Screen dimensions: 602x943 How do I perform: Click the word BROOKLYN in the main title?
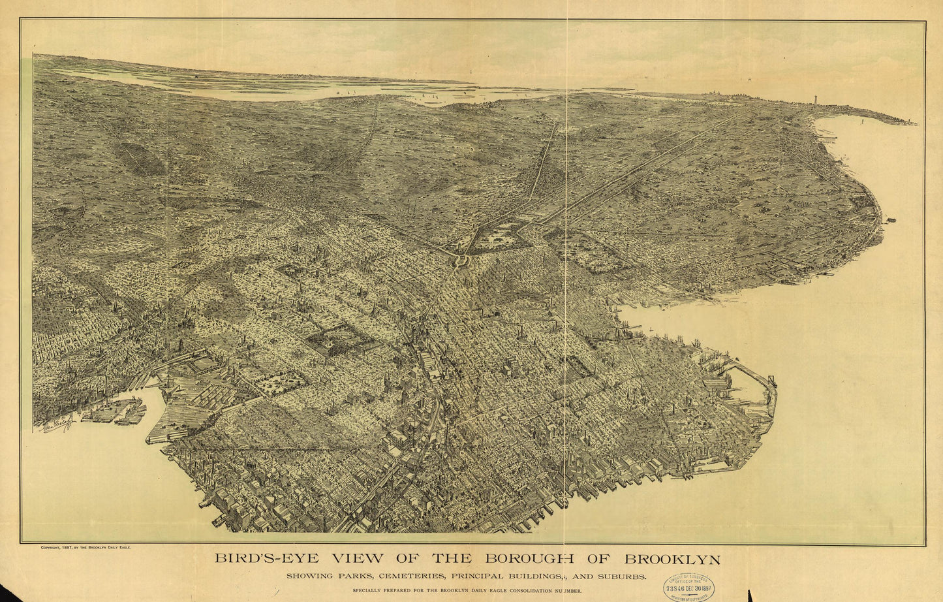(x=672, y=560)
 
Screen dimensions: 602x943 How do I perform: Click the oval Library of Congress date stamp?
(x=688, y=587)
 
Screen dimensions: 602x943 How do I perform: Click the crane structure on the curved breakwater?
(x=772, y=380)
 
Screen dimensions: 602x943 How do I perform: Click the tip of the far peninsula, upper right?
(x=914, y=123)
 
